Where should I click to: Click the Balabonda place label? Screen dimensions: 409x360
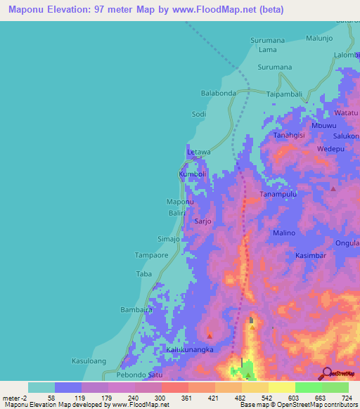(x=218, y=93)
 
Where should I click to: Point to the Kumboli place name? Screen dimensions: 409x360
(x=192, y=174)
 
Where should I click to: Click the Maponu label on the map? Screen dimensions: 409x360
(x=179, y=202)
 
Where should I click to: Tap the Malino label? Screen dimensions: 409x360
(x=284, y=233)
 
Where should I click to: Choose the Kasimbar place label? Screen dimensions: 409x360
(x=310, y=256)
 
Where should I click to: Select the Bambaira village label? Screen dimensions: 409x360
(x=136, y=309)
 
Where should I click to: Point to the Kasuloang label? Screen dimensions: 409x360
(x=89, y=361)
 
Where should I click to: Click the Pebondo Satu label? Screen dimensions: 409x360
(x=139, y=375)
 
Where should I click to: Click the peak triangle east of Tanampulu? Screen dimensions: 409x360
(x=333, y=188)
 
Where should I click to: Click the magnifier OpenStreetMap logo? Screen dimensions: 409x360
(x=327, y=373)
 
